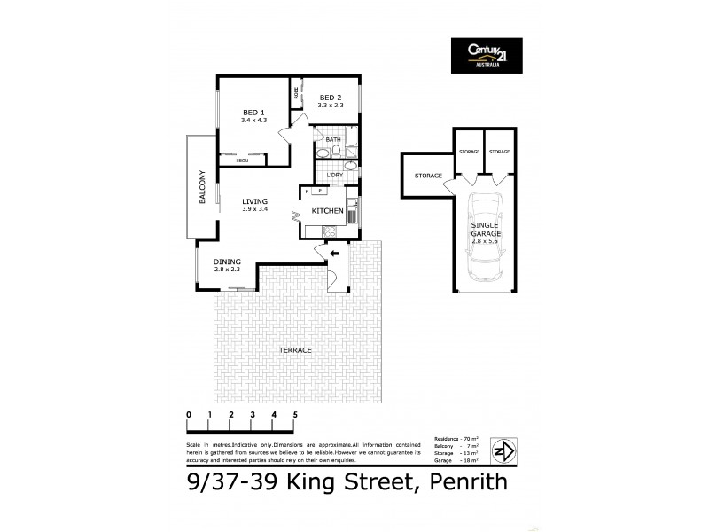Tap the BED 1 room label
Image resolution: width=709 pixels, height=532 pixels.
pos(254,113)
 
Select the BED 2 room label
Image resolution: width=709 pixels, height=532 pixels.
pos(331,98)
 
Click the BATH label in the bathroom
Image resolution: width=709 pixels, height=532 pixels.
pos(333,140)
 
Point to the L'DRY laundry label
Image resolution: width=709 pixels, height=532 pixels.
pos(334,176)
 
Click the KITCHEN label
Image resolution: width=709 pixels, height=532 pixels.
pos(327,210)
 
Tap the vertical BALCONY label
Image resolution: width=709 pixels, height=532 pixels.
pos(202,187)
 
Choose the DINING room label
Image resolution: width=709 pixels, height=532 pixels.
pos(228,262)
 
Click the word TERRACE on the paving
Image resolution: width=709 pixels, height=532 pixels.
pos(295,350)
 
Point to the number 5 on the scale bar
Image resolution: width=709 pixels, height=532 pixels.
pos(295,415)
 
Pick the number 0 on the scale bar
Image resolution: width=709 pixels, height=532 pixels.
pos(189,415)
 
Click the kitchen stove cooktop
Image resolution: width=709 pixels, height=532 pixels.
pos(329,232)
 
